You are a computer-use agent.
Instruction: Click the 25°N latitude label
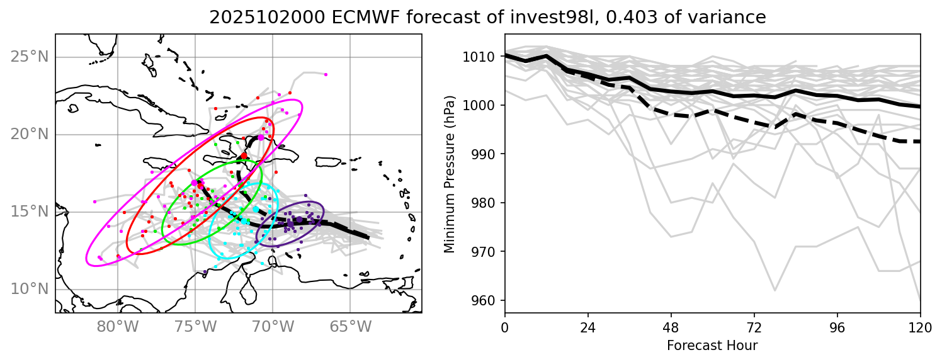[30, 57]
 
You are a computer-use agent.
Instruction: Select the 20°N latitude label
[30, 135]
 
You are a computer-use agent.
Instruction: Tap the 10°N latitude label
[30, 290]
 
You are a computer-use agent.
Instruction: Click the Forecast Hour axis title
[712, 345]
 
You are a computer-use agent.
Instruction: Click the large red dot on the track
[244, 156]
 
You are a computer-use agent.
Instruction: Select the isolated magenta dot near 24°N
[326, 74]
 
